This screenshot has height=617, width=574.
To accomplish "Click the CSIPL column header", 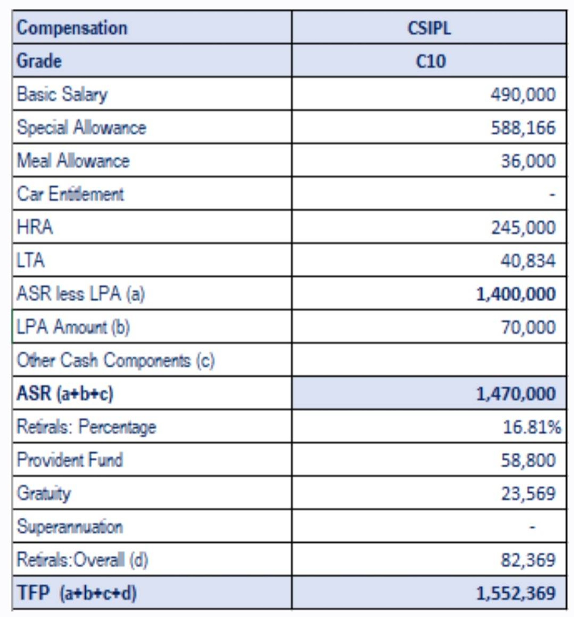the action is pos(429,28).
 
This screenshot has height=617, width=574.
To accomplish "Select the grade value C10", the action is pos(430,61).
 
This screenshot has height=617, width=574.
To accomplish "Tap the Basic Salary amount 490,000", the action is pos(523,94).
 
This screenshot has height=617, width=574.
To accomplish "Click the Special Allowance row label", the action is pos(81,127).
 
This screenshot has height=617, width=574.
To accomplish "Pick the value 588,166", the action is pos(523,127).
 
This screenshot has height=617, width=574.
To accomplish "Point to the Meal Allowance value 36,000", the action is pos(528,161).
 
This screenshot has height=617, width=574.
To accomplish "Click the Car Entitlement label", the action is pos(70,194).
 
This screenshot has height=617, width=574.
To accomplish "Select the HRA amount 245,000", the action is pos(523,227).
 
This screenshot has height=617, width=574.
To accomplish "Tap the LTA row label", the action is pos(30,260).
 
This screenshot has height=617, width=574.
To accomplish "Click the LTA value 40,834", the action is pos(528,261).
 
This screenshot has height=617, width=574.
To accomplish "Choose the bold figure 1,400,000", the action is pos(516,294).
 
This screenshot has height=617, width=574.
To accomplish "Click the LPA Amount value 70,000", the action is pos(528,327).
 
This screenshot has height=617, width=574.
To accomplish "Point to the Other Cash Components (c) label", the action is pos(116,360).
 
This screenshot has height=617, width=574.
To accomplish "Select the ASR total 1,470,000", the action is pos(516,394).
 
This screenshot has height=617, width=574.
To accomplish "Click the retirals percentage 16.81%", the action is pos(532,427).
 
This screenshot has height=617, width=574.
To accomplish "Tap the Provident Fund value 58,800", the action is pos(528,460).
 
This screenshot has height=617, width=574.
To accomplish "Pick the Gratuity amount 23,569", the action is pos(528,493).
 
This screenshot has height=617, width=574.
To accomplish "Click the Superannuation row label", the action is pos(70,527).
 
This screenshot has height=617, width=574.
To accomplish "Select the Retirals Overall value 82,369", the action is pos(528,560).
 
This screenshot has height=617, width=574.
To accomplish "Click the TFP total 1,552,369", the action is pos(516,593).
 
